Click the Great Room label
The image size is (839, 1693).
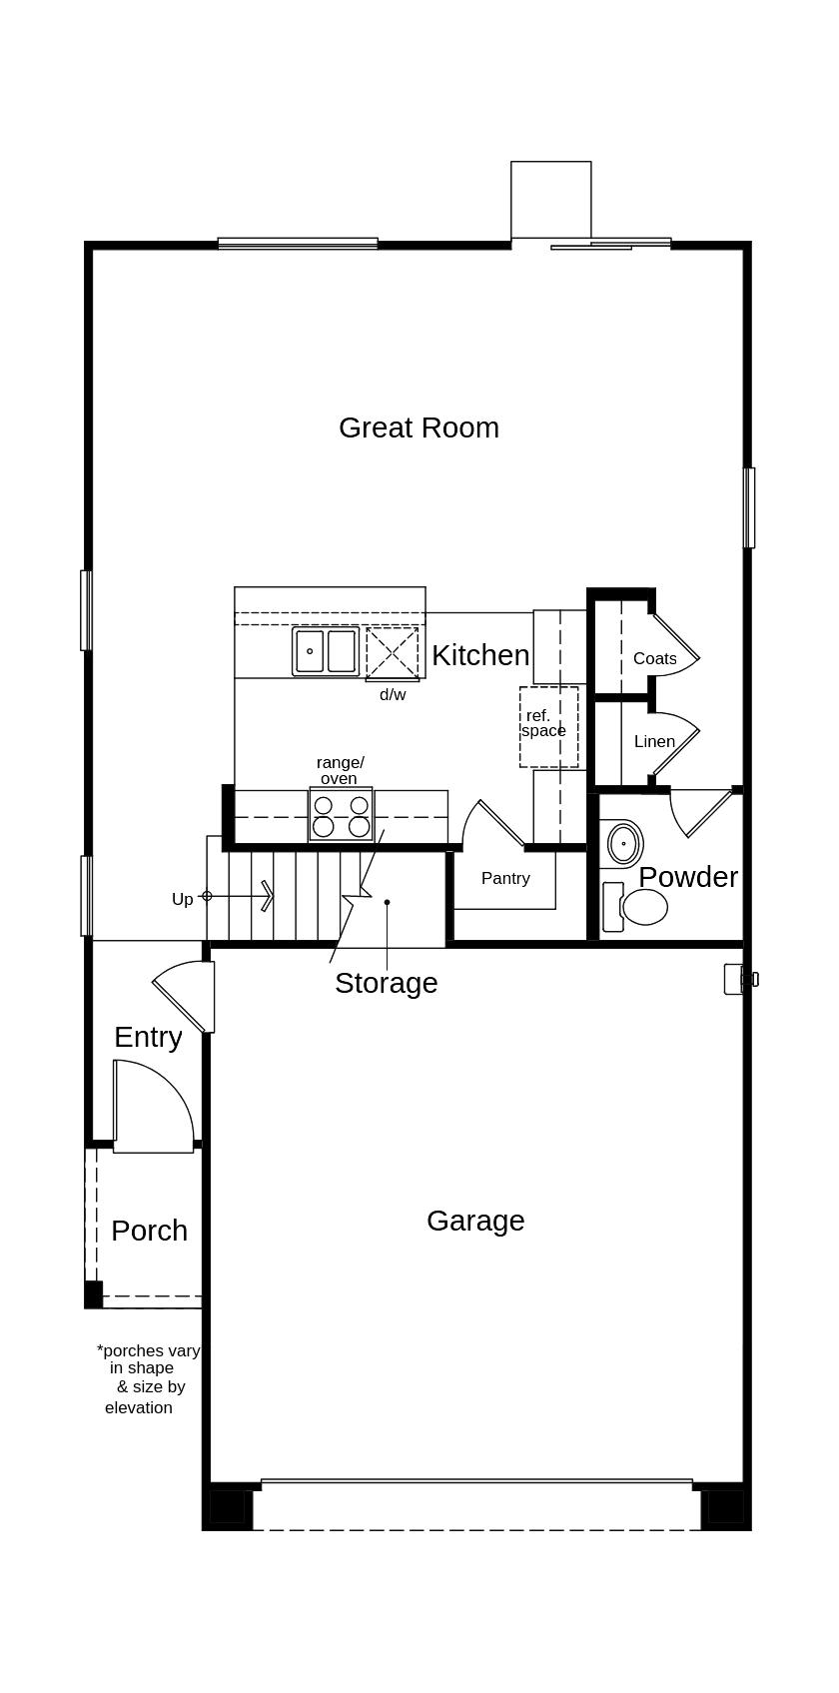point(419,427)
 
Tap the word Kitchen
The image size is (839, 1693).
point(480,655)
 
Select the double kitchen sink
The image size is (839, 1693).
point(326,651)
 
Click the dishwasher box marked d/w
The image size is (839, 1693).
point(392,653)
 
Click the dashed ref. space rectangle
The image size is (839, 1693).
point(548,727)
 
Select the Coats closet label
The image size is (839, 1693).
point(654,658)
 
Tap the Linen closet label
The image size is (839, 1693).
point(654,741)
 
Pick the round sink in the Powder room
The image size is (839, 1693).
point(624,844)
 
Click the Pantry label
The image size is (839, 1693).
point(505,878)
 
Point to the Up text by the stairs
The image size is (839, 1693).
point(182,899)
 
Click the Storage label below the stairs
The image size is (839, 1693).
point(386,983)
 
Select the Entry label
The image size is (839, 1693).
point(148,1037)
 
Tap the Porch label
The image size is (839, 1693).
point(149,1231)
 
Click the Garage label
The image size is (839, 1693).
point(475,1221)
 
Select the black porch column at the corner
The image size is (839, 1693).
point(93,1294)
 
